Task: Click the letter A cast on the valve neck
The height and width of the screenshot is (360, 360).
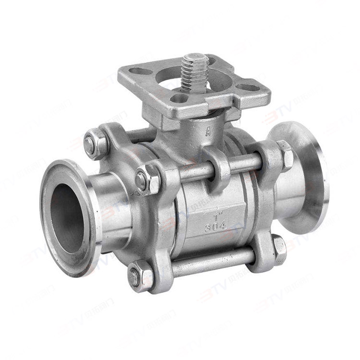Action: tap(208, 130)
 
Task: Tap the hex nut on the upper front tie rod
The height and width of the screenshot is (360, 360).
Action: tap(145, 180)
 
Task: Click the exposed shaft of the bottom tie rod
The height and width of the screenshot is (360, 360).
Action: tap(211, 263)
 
